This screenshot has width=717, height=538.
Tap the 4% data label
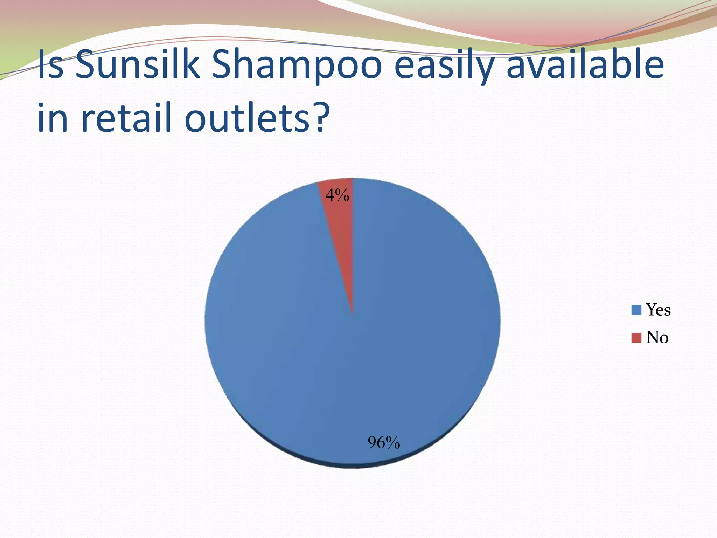coord(337,195)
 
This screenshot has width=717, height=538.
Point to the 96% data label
coord(384,443)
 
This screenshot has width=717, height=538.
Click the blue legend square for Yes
coord(636,310)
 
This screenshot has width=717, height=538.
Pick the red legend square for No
coord(636,338)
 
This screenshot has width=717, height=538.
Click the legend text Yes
coord(658,310)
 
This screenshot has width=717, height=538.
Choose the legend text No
coord(657,338)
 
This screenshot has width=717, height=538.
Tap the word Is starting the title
coord(51,65)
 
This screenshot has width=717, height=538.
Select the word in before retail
coord(53,117)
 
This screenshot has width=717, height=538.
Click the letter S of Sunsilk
coord(86,65)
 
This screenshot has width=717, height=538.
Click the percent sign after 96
coord(393,443)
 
